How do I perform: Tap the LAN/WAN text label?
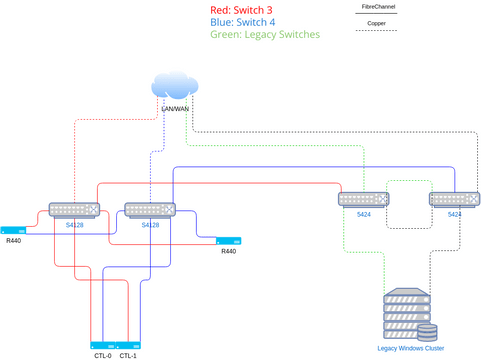[x=175, y=108]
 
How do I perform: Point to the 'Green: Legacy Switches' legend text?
[x=265, y=34]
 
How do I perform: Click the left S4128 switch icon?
[x=75, y=210]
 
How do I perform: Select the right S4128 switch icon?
[x=150, y=210]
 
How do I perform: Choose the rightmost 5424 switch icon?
[x=454, y=199]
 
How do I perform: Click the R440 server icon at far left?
[x=14, y=229]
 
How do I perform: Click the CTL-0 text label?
[x=103, y=355]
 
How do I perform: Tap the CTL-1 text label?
[x=128, y=355]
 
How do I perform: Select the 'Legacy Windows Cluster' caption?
[x=410, y=348]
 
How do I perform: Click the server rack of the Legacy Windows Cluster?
[x=405, y=315]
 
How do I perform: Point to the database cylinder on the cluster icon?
[x=427, y=331]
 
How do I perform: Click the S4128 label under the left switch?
[x=75, y=225]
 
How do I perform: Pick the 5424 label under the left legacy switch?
[x=363, y=214]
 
